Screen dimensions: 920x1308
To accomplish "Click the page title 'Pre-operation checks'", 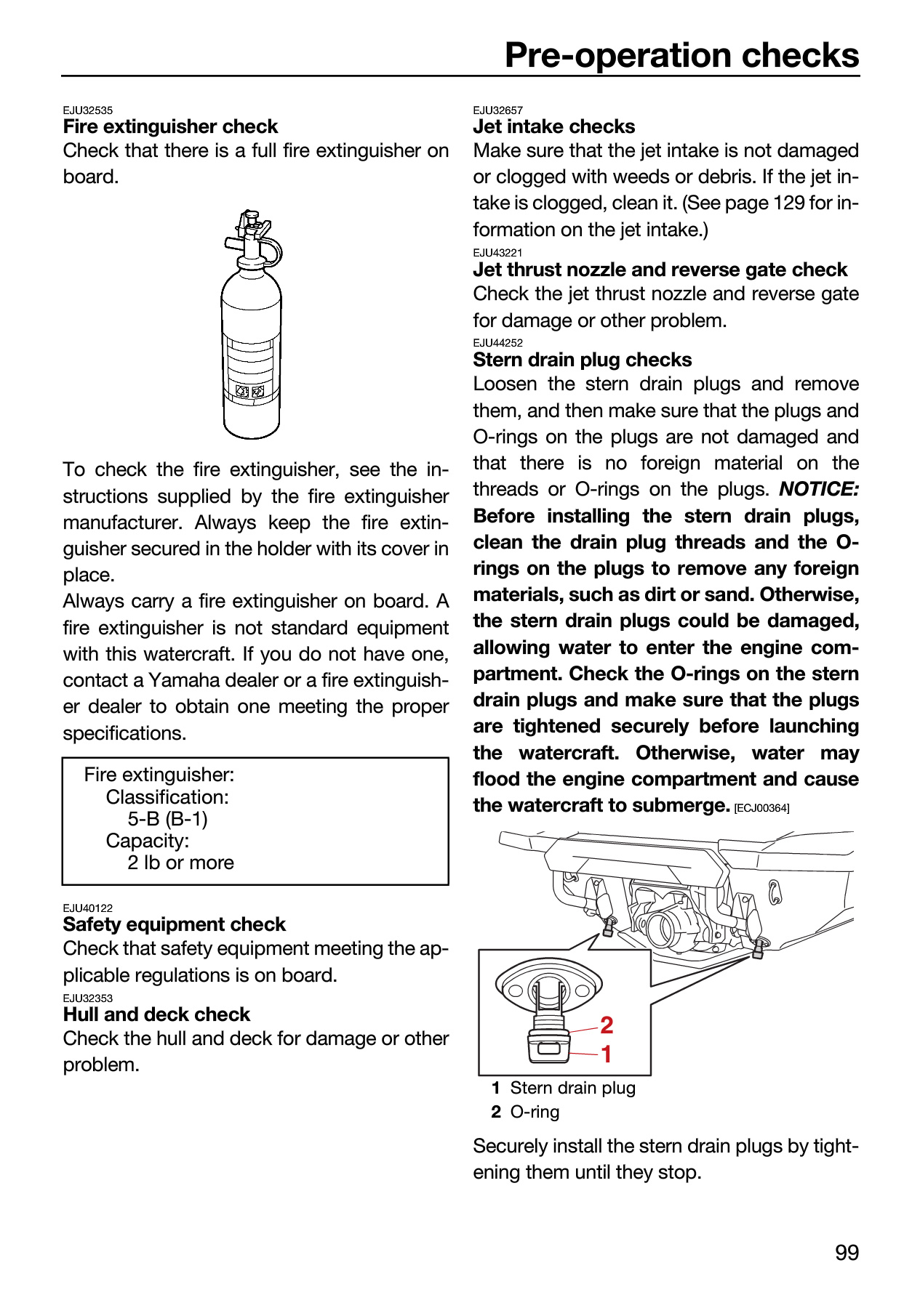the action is [681, 55].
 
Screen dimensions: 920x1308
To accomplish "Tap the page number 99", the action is [847, 1253].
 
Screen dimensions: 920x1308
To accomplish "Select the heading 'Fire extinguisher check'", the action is [170, 126].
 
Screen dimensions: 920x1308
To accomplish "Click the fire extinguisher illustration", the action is [251, 324].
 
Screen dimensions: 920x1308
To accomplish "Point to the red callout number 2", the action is [607, 1025].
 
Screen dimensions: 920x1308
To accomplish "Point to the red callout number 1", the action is [606, 1054].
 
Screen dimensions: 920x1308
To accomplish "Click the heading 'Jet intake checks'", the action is [553, 126].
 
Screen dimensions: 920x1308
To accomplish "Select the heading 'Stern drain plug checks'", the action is [583, 360].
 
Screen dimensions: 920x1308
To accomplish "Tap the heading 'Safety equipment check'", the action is [175, 924].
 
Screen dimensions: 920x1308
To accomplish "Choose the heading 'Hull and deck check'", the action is [156, 1014].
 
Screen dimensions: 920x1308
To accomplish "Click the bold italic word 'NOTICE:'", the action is [819, 489].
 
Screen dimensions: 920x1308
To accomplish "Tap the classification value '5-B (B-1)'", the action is [168, 819].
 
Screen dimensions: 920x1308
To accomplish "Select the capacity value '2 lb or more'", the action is [181, 863].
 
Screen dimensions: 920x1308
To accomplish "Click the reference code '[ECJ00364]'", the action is [762, 808].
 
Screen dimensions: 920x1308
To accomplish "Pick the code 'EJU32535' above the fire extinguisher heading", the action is [88, 110].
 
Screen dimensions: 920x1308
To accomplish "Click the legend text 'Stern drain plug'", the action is [573, 1088].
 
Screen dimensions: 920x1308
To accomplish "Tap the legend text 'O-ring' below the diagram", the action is [535, 1112].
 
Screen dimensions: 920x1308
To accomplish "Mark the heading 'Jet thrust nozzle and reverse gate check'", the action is [660, 270].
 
